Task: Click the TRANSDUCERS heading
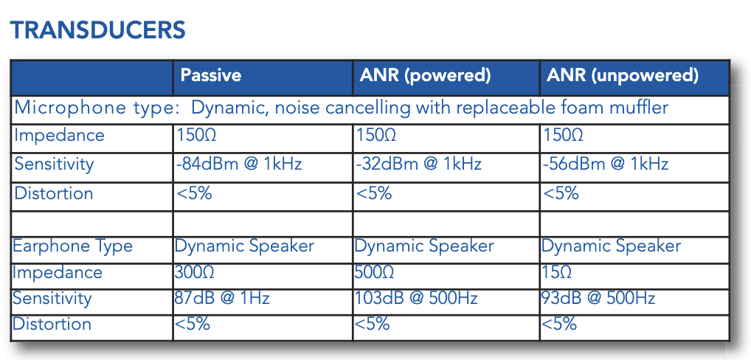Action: click(97, 30)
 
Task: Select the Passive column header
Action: click(211, 75)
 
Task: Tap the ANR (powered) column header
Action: click(426, 76)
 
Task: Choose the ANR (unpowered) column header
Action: click(623, 76)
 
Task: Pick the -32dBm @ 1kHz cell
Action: click(418, 164)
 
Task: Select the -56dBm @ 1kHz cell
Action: click(606, 164)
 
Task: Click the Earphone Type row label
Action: click(72, 246)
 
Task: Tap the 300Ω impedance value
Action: click(194, 272)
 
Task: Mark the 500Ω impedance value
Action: click(374, 272)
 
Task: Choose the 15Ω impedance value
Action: click(556, 272)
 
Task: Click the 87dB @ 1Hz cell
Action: click(222, 298)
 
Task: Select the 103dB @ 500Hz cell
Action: click(416, 298)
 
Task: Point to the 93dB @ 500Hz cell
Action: click(598, 298)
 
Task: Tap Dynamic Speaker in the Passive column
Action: click(244, 246)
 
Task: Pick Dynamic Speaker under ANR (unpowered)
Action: click(611, 246)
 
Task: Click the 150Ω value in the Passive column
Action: click(196, 135)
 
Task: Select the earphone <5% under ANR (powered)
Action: click(372, 324)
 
